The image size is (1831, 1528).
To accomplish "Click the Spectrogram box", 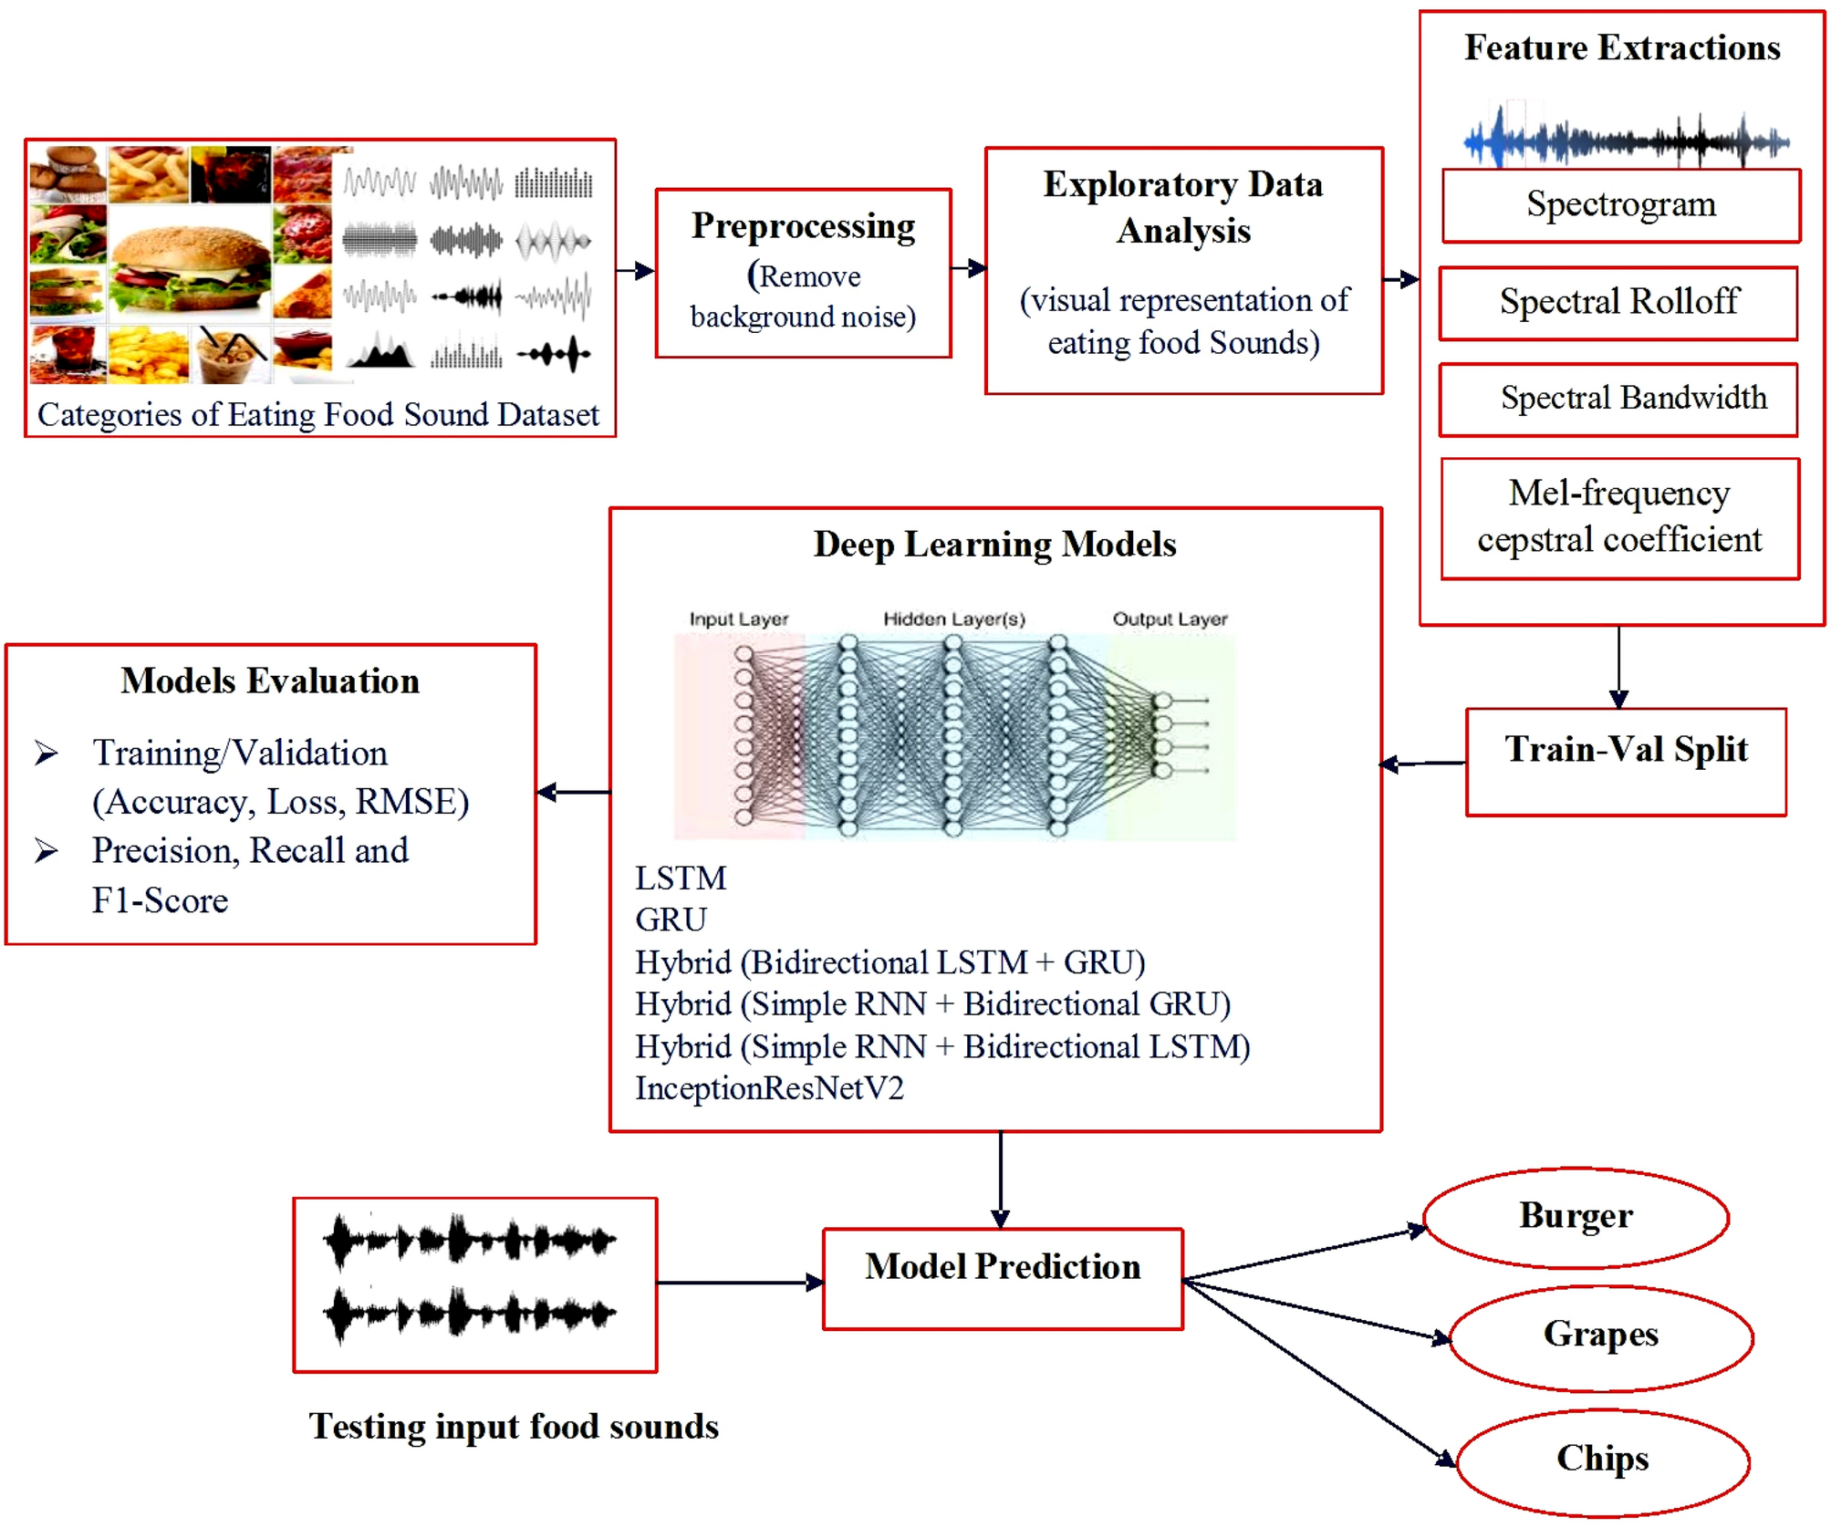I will pyautogui.click(x=1620, y=205).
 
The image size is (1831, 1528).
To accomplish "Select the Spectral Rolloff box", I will pyautogui.click(x=1618, y=303).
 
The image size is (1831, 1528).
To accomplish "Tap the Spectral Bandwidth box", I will pyautogui.click(x=1618, y=400).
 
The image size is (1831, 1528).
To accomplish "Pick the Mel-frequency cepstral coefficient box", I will pyautogui.click(x=1619, y=517).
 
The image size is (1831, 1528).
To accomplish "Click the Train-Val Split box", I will pyautogui.click(x=1625, y=761).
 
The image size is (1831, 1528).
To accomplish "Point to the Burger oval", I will pyautogui.click(x=1575, y=1217).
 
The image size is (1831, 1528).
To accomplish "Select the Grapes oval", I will pyautogui.click(x=1600, y=1336).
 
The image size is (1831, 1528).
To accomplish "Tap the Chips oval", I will pyautogui.click(x=1602, y=1460).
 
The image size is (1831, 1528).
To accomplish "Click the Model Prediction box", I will pyautogui.click(x=1002, y=1277).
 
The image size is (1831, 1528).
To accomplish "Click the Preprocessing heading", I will pyautogui.click(x=803, y=226).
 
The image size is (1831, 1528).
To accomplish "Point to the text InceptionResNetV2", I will pyautogui.click(x=769, y=1088).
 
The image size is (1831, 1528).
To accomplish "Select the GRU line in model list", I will pyautogui.click(x=671, y=920).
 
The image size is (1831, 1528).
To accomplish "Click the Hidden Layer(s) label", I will pyautogui.click(x=953, y=619).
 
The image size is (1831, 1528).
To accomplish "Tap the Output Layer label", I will pyautogui.click(x=1170, y=619).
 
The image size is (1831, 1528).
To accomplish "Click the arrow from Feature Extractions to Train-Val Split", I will pyautogui.click(x=1618, y=666).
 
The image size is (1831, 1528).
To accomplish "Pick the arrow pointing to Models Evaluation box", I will pyautogui.click(x=573, y=792).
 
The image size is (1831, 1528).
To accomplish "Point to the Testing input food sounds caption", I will pyautogui.click(x=513, y=1427).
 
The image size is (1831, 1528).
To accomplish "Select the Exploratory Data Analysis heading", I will pyautogui.click(x=1183, y=208).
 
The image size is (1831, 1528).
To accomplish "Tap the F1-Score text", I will pyautogui.click(x=160, y=900).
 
